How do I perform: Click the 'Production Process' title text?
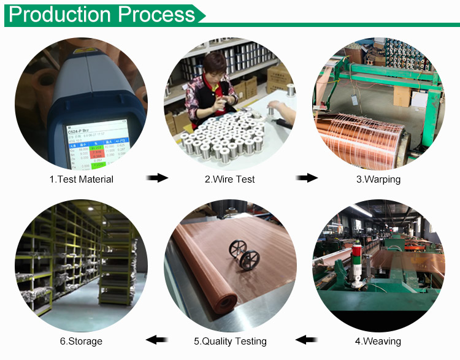pyautogui.click(x=102, y=14)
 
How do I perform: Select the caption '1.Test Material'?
pyautogui.click(x=82, y=179)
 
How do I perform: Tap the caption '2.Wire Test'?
pyautogui.click(x=229, y=179)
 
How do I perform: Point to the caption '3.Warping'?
pyautogui.click(x=378, y=179)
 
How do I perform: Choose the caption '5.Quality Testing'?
pyautogui.click(x=230, y=341)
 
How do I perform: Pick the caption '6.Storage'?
pyautogui.click(x=81, y=341)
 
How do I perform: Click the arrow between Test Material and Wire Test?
pyautogui.click(x=157, y=178)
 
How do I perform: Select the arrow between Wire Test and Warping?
pyautogui.click(x=307, y=178)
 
